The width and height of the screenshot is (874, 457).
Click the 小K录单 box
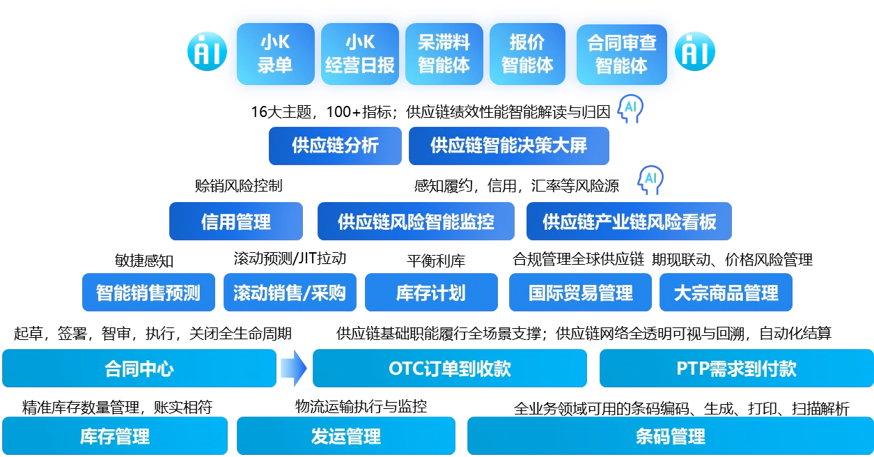pos(275,54)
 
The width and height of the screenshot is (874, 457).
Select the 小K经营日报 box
pos(359,54)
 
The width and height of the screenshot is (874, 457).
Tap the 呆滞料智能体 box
pos(444,54)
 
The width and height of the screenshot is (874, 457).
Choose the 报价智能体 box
pos(527,54)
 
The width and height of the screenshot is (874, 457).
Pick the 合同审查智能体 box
pos(621,54)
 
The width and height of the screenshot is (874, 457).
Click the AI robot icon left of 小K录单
pos(207,51)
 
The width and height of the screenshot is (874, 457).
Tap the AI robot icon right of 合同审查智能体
pos(695,51)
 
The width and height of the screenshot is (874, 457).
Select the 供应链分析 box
pos(335,146)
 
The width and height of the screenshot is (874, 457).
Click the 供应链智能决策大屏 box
pos(508,146)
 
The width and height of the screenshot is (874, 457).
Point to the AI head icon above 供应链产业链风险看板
pos(650,180)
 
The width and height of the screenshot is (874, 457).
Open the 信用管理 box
pos(236,222)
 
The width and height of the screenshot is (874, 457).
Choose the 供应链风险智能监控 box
pos(416,222)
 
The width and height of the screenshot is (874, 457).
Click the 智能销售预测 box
pos(148,292)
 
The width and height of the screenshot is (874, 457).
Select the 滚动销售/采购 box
pos(290,292)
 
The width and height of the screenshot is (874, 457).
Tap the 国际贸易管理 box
pos(580,292)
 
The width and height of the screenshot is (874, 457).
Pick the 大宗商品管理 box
pos(726,292)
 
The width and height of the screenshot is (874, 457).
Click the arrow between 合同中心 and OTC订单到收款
pos(294,368)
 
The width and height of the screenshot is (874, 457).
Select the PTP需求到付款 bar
pos(736,368)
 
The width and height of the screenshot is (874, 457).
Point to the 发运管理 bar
pos(345,436)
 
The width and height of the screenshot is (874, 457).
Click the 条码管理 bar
pos(670,436)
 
